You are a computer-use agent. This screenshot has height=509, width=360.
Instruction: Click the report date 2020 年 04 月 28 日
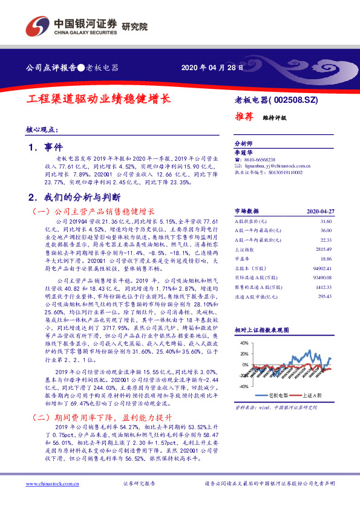(212, 68)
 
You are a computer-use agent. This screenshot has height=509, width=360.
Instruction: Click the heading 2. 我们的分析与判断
(74, 198)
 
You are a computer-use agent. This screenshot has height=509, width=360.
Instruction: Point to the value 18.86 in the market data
(326, 258)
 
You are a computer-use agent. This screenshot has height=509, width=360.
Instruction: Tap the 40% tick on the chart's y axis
(244, 342)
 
